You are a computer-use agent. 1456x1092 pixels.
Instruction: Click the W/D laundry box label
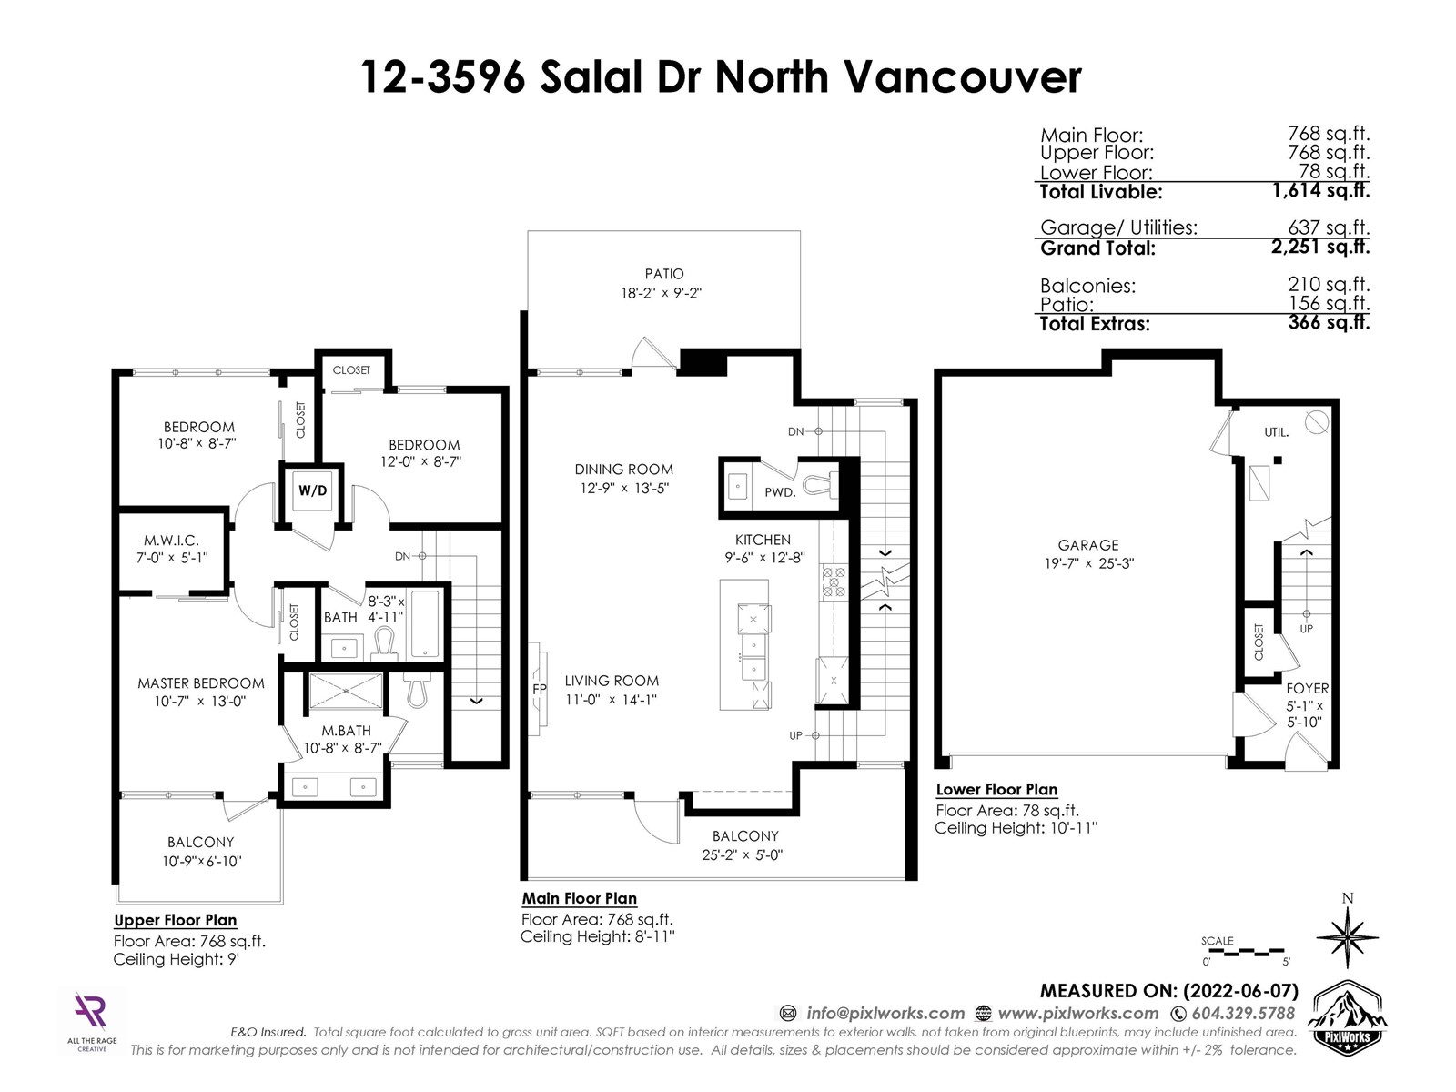pos(312,490)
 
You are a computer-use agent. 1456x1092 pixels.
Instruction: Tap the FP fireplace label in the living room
pos(540,689)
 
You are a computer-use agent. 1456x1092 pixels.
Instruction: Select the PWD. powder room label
pos(780,492)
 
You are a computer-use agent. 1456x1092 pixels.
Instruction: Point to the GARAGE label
pos(1087,545)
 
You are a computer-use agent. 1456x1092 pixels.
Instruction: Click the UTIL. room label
pos(1276,432)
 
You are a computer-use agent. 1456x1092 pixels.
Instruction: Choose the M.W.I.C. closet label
pos(171,541)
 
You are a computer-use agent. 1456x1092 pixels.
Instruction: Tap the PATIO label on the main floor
pos(664,274)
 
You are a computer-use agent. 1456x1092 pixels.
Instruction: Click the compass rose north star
pos(1347,937)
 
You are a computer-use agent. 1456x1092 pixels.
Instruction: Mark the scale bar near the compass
pos(1245,953)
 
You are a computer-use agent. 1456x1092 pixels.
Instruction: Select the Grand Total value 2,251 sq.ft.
pos(1320,247)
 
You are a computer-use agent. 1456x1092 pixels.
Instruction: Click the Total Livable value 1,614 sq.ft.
pos(1320,190)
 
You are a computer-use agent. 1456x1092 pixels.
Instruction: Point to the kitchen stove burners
pos(834,581)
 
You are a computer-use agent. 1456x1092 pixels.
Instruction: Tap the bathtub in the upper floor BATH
pos(425,624)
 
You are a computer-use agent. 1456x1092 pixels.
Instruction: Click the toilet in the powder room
pos(821,486)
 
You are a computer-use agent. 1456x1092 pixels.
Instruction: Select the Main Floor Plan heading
pos(579,898)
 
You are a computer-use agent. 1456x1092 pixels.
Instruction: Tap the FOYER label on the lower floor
pos(1307,688)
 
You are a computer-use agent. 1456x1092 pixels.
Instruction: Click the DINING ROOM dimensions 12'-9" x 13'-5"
pos(623,489)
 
